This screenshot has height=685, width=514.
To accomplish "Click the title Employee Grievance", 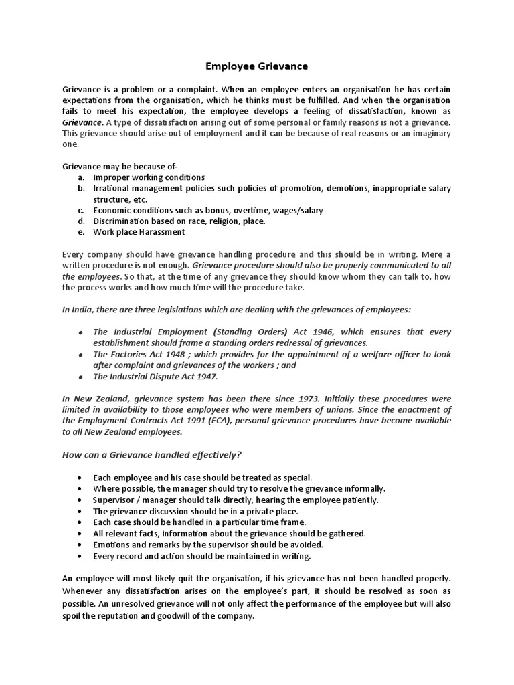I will click(256, 66).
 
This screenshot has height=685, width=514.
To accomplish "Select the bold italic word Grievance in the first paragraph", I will click(82, 122).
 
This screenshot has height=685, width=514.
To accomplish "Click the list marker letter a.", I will click(80, 177).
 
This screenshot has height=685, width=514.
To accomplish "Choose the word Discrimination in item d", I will click(123, 221).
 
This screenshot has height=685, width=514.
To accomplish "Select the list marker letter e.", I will click(80, 232).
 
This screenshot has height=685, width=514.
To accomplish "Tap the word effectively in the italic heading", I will click(211, 455).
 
